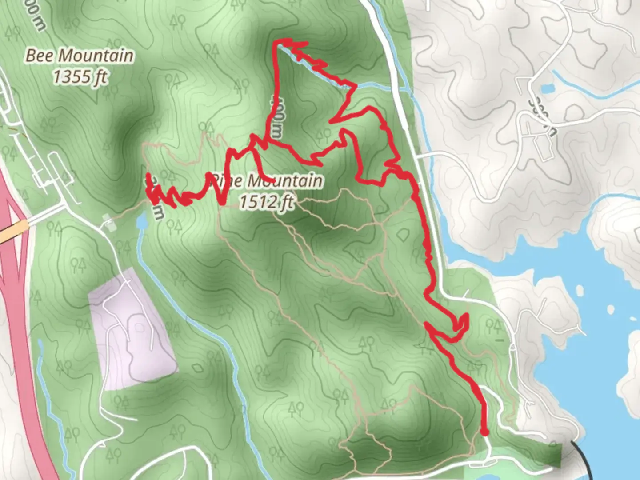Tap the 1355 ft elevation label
[80, 76]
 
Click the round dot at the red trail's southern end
[484, 432]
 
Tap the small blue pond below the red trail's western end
[142, 220]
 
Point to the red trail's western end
[148, 176]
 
